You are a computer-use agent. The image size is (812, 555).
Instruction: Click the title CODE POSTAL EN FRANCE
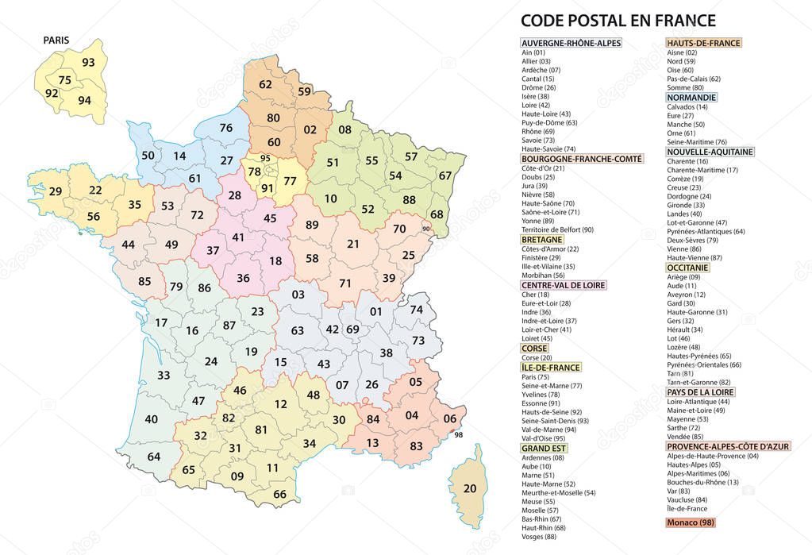pyautogui.click(x=618, y=21)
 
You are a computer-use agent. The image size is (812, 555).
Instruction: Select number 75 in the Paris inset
pyautogui.click(x=65, y=80)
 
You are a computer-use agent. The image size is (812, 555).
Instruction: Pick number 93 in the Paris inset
pyautogui.click(x=88, y=63)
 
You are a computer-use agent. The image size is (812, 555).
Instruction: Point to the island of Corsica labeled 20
pyautogui.click(x=470, y=488)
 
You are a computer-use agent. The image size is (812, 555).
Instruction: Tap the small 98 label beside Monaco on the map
pyautogui.click(x=458, y=434)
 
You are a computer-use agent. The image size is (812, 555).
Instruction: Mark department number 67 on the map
pyautogui.click(x=445, y=175)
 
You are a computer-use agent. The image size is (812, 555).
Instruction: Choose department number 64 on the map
pyautogui.click(x=154, y=456)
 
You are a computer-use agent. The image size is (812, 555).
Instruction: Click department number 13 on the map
pyautogui.click(x=372, y=443)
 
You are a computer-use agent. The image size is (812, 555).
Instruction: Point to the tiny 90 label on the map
pyautogui.click(x=426, y=229)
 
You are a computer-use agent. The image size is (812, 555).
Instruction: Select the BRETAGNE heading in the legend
pyautogui.click(x=541, y=239)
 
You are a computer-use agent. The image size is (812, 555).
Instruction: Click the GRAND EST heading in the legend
pyautogui.click(x=544, y=448)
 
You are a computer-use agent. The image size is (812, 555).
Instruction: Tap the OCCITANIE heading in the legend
pyautogui.click(x=687, y=268)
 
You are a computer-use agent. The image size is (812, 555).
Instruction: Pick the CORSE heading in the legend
pyautogui.click(x=533, y=348)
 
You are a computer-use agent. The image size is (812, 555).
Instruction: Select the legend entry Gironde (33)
pyautogui.click(x=684, y=204)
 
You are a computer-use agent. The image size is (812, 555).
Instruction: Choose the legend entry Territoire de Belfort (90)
pyautogui.click(x=557, y=229)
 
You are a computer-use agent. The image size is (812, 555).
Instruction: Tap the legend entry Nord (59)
pyautogui.click(x=681, y=61)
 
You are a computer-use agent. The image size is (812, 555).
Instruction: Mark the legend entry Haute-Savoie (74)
pyautogui.click(x=548, y=148)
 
